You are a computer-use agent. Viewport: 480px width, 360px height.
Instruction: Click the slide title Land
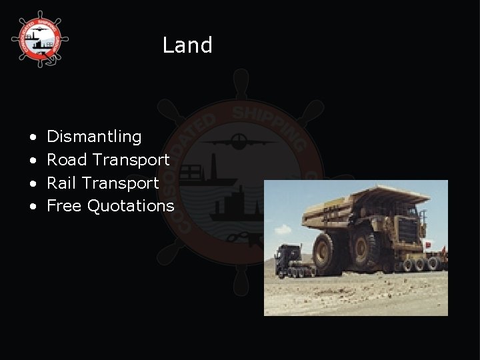(187, 45)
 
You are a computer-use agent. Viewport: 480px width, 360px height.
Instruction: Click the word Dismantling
(94, 137)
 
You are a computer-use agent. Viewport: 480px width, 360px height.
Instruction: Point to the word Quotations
(131, 206)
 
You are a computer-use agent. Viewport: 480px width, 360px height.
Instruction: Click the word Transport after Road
(131, 160)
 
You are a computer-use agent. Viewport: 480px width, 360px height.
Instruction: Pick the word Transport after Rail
(123, 183)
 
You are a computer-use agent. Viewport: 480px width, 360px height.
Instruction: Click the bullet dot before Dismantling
(33, 137)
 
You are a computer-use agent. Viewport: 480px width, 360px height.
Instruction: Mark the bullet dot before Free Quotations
(33, 207)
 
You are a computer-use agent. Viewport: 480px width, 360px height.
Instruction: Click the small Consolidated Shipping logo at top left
(40, 40)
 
